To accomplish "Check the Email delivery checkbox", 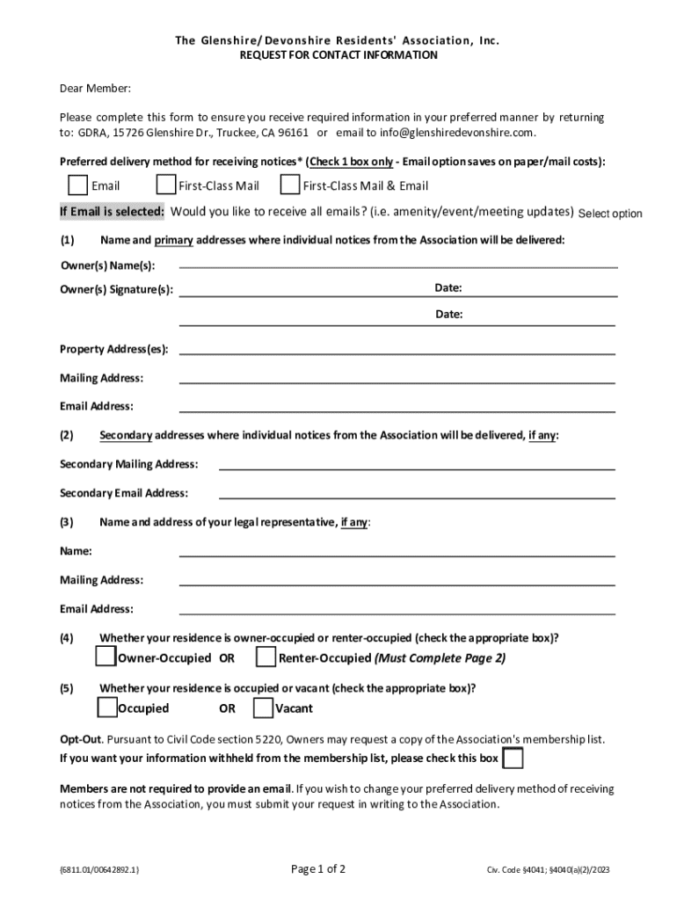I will point(78,185).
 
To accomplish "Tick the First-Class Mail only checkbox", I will point(165,185).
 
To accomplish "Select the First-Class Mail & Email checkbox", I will point(289,185).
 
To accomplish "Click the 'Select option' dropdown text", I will point(610,214).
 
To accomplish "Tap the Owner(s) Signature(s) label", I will point(116,290).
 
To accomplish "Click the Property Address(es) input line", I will point(397,351).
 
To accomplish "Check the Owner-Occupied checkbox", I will point(106,657).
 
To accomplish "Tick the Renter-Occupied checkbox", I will point(266,657).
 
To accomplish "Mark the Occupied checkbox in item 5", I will point(106,708).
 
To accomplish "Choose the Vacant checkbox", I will point(263,708).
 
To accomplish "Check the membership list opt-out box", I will point(513,758).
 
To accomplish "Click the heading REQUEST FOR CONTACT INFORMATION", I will point(338,54).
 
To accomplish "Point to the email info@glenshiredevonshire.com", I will point(456,133).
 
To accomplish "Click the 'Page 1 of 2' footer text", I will point(318,869).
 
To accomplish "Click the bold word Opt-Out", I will point(81,739).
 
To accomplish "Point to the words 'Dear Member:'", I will point(95,89).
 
